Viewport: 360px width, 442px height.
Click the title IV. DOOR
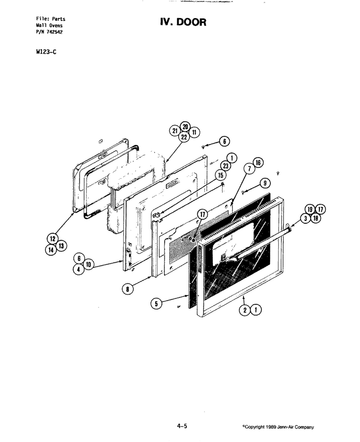point(183,22)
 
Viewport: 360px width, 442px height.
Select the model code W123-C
point(46,52)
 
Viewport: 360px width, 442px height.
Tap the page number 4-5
point(182,426)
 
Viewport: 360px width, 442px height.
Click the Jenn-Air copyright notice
point(278,427)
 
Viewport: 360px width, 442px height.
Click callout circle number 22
point(184,137)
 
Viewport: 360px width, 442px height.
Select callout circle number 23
point(226,166)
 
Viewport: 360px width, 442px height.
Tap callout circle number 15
point(220,175)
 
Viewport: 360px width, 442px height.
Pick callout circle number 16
point(258,162)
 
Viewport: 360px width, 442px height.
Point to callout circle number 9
point(265,183)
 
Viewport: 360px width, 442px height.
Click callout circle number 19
point(310,209)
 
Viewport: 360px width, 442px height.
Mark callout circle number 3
point(306,218)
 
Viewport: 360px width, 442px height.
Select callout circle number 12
point(53,239)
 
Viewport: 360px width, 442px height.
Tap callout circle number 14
point(51,250)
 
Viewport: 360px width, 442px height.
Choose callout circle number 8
point(127,289)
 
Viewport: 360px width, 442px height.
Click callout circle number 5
point(156,303)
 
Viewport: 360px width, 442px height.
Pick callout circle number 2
point(245,310)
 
